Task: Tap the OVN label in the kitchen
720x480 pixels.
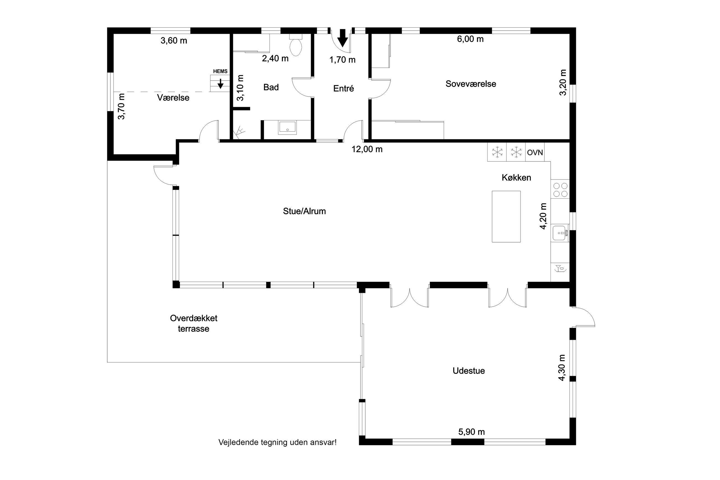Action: click(x=535, y=152)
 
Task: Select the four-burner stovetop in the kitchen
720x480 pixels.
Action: click(x=560, y=190)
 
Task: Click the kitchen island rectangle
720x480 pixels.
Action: click(x=506, y=216)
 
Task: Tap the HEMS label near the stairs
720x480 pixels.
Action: click(x=220, y=71)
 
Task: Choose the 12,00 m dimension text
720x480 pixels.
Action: click(x=367, y=149)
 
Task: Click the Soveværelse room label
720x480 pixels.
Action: click(x=470, y=84)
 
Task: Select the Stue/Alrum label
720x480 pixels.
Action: click(x=304, y=211)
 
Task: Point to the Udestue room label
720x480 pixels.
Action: click(x=469, y=371)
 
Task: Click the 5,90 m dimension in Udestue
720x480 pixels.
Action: click(x=471, y=432)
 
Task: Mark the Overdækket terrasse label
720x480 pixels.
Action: click(x=193, y=323)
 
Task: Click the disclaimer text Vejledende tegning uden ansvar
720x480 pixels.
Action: click(x=277, y=442)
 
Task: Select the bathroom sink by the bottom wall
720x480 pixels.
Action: click(x=287, y=128)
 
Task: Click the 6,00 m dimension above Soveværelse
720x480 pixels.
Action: click(x=470, y=39)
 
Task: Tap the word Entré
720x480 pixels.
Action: click(x=343, y=88)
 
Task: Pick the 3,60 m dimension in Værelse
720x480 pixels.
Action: click(x=174, y=41)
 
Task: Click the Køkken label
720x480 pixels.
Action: click(x=516, y=178)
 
